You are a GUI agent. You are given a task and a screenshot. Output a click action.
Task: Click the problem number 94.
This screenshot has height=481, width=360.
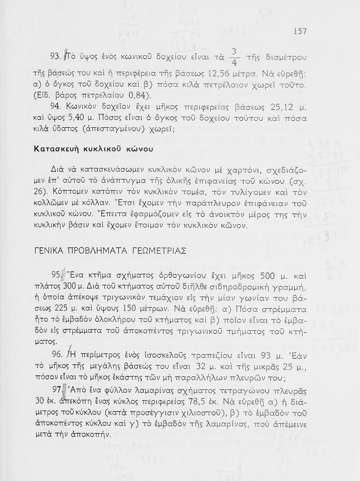pos(56,107)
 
